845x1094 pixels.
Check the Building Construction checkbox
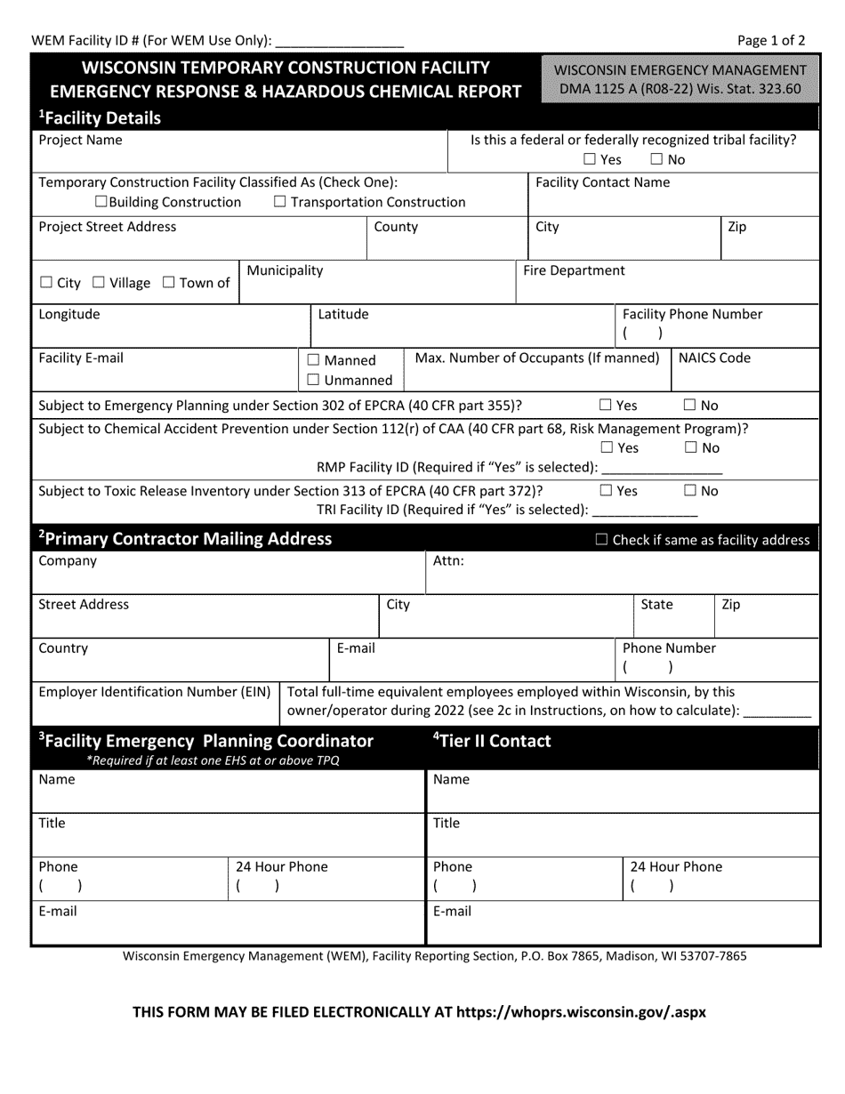(x=101, y=202)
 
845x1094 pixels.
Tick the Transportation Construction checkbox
(x=280, y=202)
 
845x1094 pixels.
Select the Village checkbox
(x=99, y=283)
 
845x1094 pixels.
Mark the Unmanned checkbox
(x=313, y=381)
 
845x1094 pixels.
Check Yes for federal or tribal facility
(x=590, y=160)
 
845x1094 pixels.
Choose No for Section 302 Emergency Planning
(x=690, y=406)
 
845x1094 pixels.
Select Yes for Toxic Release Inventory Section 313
(x=607, y=490)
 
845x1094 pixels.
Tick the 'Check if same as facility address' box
(x=601, y=540)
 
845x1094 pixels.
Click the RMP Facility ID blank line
(x=662, y=468)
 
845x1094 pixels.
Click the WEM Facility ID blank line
(x=341, y=41)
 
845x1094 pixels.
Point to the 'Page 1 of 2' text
(x=771, y=40)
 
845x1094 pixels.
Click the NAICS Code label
(x=714, y=358)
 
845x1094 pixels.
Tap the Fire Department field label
(x=574, y=270)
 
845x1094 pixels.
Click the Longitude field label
(x=69, y=314)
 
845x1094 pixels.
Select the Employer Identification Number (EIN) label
(x=155, y=692)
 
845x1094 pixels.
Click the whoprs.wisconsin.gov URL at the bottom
(x=581, y=1011)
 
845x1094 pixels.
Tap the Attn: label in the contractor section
(x=448, y=561)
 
